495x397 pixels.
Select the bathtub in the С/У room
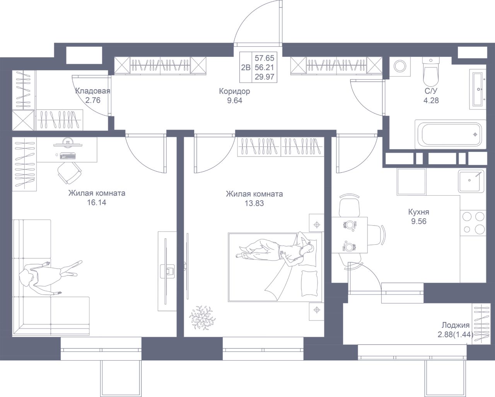pyautogui.click(x=451, y=134)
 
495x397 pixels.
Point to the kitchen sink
pyautogui.click(x=471, y=181)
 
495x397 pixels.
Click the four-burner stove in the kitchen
pyautogui.click(x=473, y=223)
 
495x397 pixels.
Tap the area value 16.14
pyautogui.click(x=97, y=203)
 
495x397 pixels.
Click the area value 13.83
pyautogui.click(x=254, y=203)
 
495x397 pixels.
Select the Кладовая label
pyautogui.click(x=93, y=91)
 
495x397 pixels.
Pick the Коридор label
pyautogui.click(x=234, y=91)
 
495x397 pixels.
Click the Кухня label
pyautogui.click(x=419, y=212)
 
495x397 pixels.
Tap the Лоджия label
pyautogui.click(x=456, y=325)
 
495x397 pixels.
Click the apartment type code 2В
pyautogui.click(x=246, y=68)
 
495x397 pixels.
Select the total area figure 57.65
pyautogui.click(x=265, y=58)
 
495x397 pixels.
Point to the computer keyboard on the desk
pyautogui.click(x=68, y=156)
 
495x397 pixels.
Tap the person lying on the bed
pyautogui.click(x=276, y=251)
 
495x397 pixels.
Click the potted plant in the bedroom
pyautogui.click(x=202, y=318)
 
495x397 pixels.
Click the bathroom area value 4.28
pyautogui.click(x=431, y=101)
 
